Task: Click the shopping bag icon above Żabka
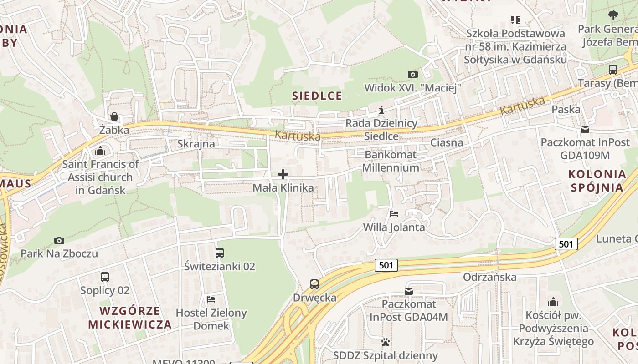(114, 117)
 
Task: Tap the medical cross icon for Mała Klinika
(283, 174)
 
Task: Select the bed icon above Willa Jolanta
(394, 213)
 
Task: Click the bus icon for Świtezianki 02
(220, 253)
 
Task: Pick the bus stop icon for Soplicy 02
(105, 277)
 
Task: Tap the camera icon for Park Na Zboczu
(59, 240)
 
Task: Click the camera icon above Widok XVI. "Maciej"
(412, 74)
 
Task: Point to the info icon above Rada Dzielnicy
(381, 110)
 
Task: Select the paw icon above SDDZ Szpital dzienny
(386, 342)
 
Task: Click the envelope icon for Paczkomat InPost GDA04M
(409, 291)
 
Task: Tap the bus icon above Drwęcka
(314, 284)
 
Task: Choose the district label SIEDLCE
(317, 96)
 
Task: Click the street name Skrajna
(196, 144)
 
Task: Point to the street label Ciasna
(447, 142)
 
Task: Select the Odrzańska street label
(490, 277)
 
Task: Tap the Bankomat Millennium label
(391, 161)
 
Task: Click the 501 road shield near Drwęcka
(386, 265)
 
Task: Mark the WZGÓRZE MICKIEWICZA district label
(130, 318)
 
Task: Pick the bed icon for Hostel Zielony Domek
(211, 299)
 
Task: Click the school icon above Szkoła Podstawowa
(515, 20)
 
